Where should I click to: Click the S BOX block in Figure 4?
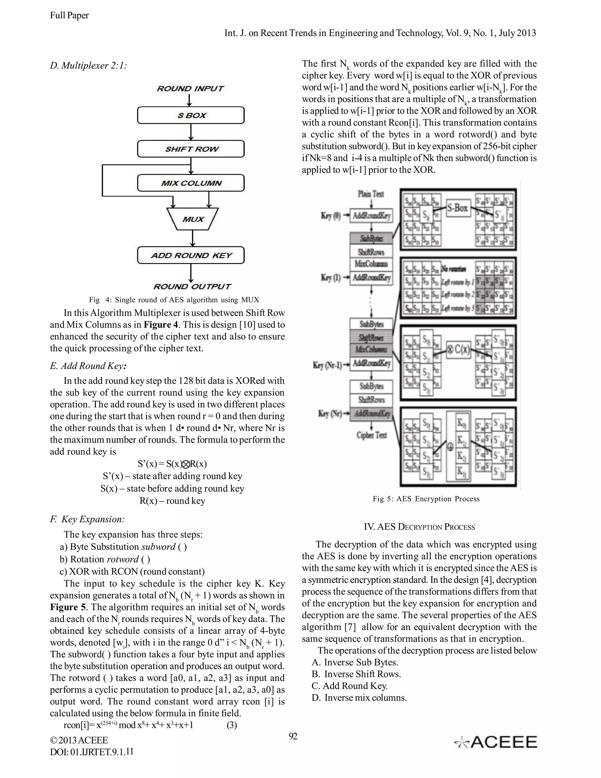(191, 115)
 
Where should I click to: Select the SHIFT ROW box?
(191, 149)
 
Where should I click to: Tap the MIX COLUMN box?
(191, 183)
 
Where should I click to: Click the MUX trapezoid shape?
(193, 219)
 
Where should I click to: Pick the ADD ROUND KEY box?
(191, 255)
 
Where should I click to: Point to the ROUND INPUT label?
(190, 88)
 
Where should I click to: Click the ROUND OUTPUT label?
(192, 287)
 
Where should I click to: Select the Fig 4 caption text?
(174, 299)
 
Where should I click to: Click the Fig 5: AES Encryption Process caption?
(426, 499)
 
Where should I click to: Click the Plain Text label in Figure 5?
(371, 194)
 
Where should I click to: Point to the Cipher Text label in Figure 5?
(371, 435)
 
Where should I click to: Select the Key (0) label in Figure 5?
(331, 215)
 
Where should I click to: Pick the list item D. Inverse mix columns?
(359, 698)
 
